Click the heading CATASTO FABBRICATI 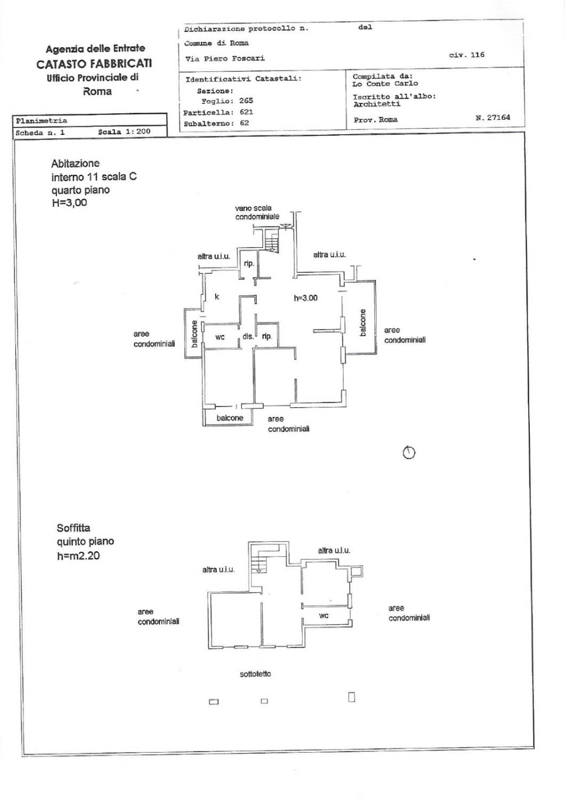pyautogui.click(x=94, y=63)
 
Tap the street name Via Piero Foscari pyautogui.click(x=225, y=59)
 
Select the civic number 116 pyautogui.click(x=477, y=54)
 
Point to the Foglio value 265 pyautogui.click(x=246, y=101)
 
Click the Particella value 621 pyautogui.click(x=246, y=112)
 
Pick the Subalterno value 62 pyautogui.click(x=244, y=123)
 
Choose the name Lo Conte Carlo pyautogui.click(x=385, y=84)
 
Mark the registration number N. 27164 pyautogui.click(x=493, y=117)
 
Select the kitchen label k pyautogui.click(x=217, y=296)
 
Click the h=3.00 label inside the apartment pyautogui.click(x=306, y=298)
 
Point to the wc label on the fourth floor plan pyautogui.click(x=220, y=337)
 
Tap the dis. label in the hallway pyautogui.click(x=248, y=336)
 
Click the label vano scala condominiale pyautogui.click(x=257, y=212)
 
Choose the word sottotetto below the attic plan pyautogui.click(x=256, y=674)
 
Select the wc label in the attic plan pyautogui.click(x=324, y=615)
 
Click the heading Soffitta pyautogui.click(x=73, y=528)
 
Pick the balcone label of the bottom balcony pyautogui.click(x=230, y=418)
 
